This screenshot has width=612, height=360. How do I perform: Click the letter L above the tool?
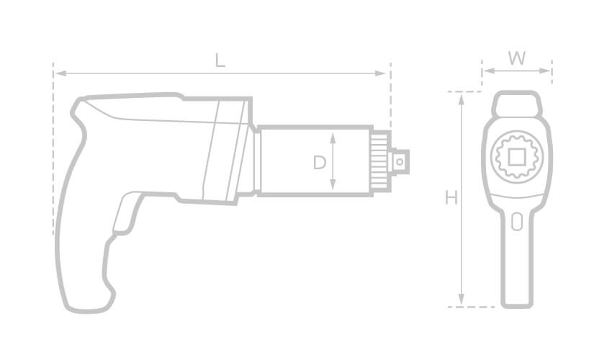220,60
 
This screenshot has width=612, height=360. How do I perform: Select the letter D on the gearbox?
319,163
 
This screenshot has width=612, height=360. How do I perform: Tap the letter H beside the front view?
451,197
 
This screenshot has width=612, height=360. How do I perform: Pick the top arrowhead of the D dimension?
333,136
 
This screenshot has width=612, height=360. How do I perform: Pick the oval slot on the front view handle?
516,222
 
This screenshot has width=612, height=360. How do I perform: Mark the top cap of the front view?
516,104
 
